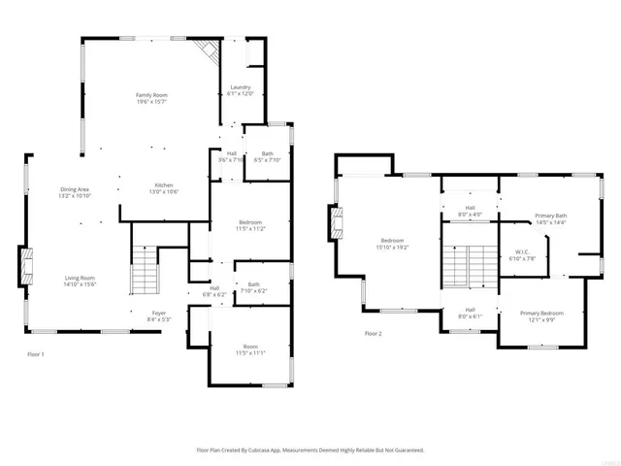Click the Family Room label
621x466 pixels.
click(x=151, y=96)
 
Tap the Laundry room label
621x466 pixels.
click(x=240, y=89)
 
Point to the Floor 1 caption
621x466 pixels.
click(x=36, y=353)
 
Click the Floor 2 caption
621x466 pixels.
click(x=374, y=333)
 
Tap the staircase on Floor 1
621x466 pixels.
click(x=144, y=270)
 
